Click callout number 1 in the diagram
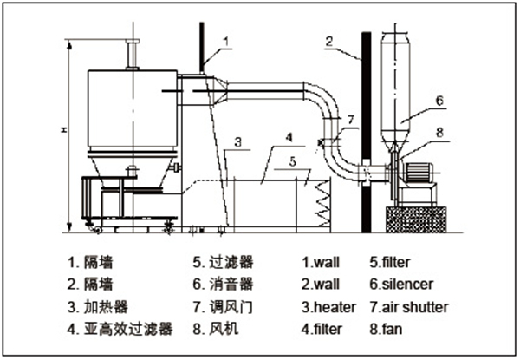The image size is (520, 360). [226, 40]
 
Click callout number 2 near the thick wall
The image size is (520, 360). [329, 40]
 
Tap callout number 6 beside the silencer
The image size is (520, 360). [439, 101]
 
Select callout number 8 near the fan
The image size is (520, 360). [439, 133]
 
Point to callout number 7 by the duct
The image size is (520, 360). [349, 118]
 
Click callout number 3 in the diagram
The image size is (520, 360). [237, 141]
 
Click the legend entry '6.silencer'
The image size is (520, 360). [401, 283]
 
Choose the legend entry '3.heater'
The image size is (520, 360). [328, 306]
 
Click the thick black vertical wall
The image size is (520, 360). [367, 130]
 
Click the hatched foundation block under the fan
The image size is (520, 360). [417, 218]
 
